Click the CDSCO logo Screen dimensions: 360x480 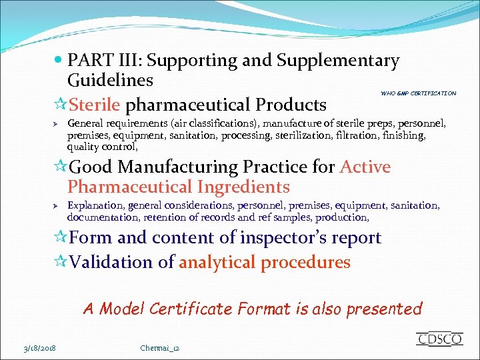439,339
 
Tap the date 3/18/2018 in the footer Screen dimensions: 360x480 38,348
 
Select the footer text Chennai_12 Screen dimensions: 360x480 160,348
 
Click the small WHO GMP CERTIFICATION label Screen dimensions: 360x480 419,93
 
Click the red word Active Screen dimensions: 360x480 365,167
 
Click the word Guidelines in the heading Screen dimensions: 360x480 110,81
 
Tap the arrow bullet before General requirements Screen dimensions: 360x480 57,124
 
